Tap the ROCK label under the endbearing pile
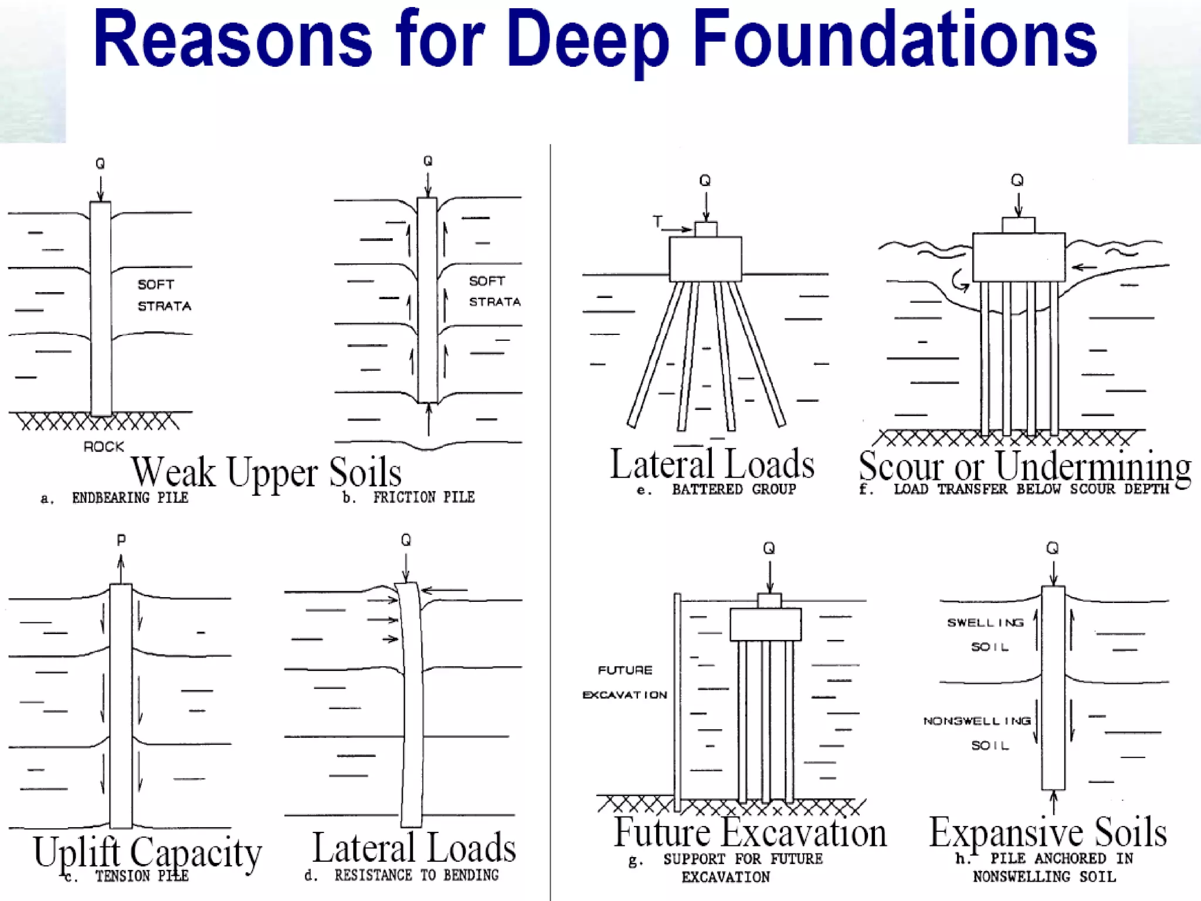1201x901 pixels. coord(104,447)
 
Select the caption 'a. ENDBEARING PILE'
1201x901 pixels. coord(115,498)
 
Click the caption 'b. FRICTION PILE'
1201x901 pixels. coord(409,497)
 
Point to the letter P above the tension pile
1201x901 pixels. coord(121,540)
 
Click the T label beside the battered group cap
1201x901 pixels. coord(658,221)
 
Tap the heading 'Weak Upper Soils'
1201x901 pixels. coord(266,472)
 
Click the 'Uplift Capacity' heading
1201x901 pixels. coord(147,852)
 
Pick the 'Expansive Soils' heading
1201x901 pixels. coord(1048,832)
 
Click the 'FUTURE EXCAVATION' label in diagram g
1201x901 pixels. coord(625,682)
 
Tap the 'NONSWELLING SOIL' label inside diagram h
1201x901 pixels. coord(978,733)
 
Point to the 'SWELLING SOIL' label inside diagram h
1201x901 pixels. coord(986,634)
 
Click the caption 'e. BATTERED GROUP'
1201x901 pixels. coord(717,489)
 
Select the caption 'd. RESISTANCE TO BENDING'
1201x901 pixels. coord(402,875)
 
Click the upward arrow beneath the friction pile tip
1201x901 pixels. coord(429,419)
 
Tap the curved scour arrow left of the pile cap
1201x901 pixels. coord(960,281)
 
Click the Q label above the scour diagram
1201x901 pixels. coord(1017,180)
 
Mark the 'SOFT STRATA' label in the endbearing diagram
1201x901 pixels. coord(164,295)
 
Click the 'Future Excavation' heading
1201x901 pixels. coord(750,832)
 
